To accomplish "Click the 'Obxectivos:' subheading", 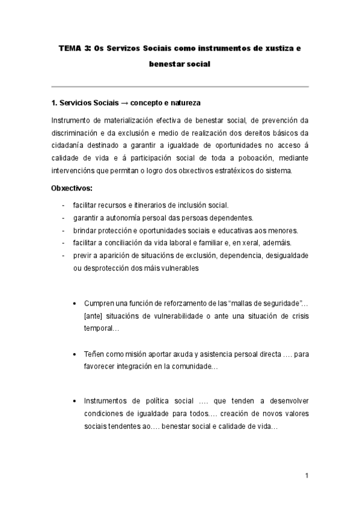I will click(72, 188).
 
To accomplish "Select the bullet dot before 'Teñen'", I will click(74, 354).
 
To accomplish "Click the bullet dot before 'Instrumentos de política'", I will click(74, 401).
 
